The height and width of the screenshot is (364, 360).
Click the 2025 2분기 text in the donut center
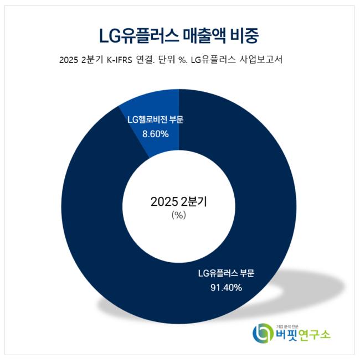[x=178, y=202]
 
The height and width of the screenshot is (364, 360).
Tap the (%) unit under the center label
[x=178, y=216]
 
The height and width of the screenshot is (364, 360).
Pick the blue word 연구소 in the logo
[x=316, y=335]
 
